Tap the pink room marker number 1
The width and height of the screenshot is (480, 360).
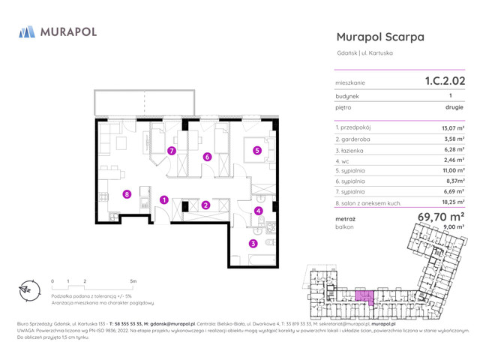(163, 199)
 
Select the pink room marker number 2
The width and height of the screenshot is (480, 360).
(205, 205)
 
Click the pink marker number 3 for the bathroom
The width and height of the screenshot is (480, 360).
(253, 243)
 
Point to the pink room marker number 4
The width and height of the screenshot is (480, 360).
(259, 211)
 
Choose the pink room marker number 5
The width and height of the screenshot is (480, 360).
(257, 150)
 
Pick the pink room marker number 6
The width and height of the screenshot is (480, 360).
(207, 157)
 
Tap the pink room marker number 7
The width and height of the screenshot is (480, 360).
(172, 151)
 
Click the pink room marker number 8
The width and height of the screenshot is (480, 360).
(127, 194)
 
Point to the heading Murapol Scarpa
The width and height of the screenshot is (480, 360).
(380, 37)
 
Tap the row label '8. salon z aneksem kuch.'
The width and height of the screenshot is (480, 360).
(369, 202)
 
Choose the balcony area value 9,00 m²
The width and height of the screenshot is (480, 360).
(454, 226)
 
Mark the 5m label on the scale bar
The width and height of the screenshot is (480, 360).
(133, 281)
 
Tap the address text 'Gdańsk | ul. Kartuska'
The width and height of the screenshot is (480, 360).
(365, 52)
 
